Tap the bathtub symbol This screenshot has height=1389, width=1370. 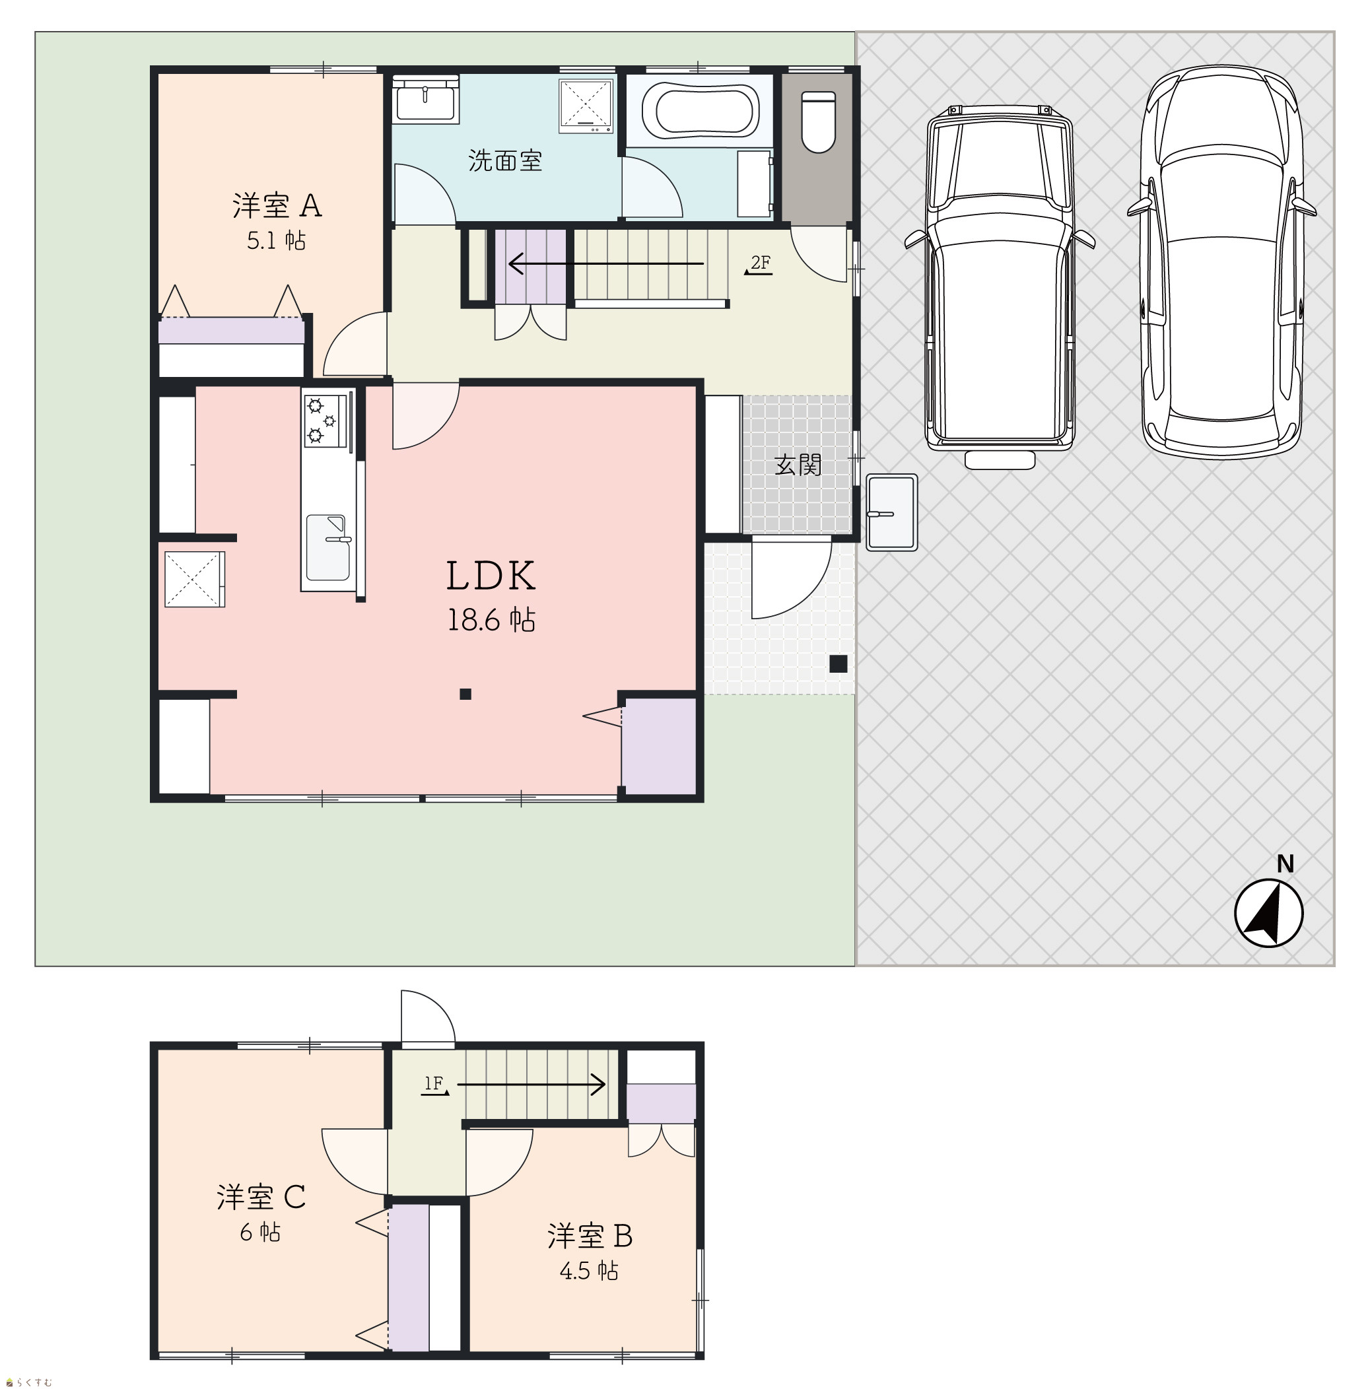tap(699, 111)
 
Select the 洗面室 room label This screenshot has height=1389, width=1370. tap(505, 160)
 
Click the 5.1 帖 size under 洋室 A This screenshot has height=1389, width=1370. tap(276, 241)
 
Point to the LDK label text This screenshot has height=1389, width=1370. tap(491, 576)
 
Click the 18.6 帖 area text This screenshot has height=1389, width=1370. tap(491, 620)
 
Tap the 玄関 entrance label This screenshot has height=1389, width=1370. tap(798, 465)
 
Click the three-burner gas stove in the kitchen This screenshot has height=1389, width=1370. tap(325, 421)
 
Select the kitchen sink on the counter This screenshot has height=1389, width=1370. tap(327, 547)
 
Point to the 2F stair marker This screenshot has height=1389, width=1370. tap(759, 265)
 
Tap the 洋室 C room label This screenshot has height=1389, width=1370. tap(261, 1197)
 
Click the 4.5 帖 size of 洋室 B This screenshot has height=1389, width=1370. tap(589, 1271)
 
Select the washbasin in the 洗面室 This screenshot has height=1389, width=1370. tap(426, 100)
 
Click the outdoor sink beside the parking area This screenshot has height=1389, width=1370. tap(892, 512)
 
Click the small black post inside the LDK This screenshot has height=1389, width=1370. tap(465, 694)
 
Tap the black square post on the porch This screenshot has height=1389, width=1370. tap(838, 663)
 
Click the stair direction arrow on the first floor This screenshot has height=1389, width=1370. tap(605, 264)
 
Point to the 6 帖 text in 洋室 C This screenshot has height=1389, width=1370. tap(260, 1233)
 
